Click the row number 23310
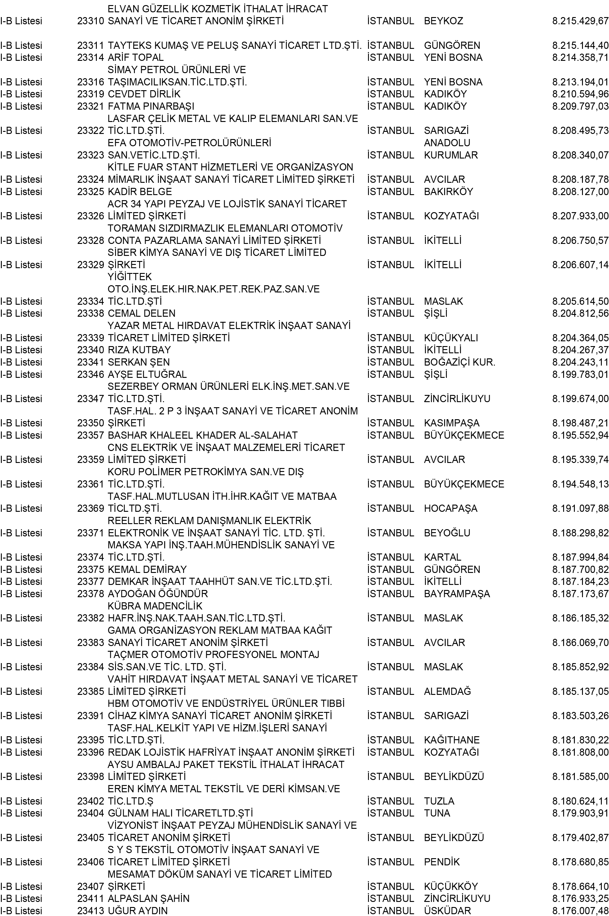[x=91, y=21]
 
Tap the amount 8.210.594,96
[x=580, y=94]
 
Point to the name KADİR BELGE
[x=139, y=191]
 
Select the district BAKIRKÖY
[x=448, y=191]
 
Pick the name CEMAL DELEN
[x=141, y=313]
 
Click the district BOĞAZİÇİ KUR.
[x=459, y=362]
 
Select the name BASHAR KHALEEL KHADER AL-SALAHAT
[x=202, y=435]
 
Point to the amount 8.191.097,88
[x=580, y=508]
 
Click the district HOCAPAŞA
[x=450, y=508]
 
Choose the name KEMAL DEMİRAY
[x=147, y=569]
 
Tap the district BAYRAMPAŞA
[x=457, y=594]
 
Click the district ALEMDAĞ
[x=447, y=691]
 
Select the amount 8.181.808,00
[x=580, y=752]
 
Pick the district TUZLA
[x=439, y=801]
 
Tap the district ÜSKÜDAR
[x=447, y=911]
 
